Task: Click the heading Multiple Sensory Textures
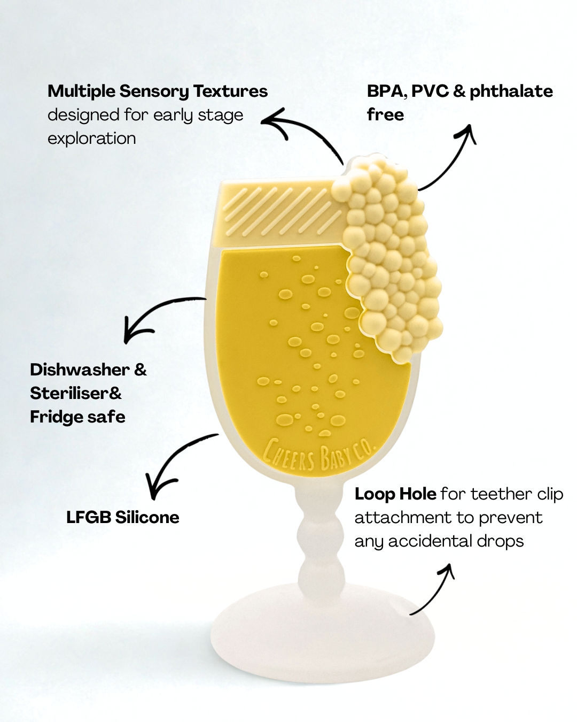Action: (x=158, y=91)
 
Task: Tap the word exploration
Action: (x=92, y=139)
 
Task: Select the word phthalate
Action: (x=511, y=91)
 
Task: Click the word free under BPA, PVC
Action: (x=385, y=115)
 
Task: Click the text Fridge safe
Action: (x=78, y=417)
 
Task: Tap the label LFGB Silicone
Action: (x=123, y=517)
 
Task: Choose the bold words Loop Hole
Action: (x=395, y=494)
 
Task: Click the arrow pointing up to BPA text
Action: (x=451, y=158)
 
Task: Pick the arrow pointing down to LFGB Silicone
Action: (x=176, y=463)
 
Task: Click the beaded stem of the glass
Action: (x=319, y=540)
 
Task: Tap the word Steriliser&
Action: (x=76, y=393)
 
